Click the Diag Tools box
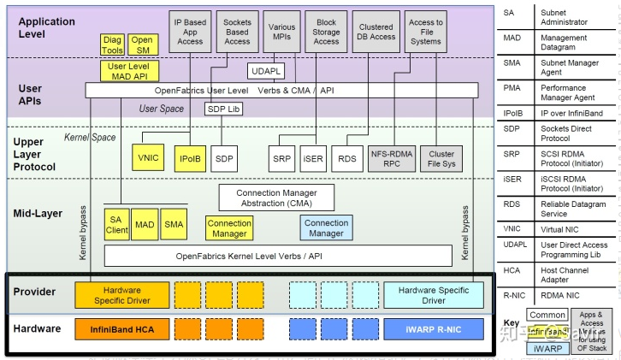[113, 45]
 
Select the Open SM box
[142, 45]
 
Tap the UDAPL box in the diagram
[266, 71]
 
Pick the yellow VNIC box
[149, 158]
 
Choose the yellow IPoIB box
[188, 158]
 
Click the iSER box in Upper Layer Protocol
[313, 158]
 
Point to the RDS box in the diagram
[347, 158]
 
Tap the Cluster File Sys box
[441, 158]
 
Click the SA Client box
[117, 224]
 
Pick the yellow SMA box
[174, 224]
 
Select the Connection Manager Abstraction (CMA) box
[274, 198]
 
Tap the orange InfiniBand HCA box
[121, 329]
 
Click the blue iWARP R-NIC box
[434, 329]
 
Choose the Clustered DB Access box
[376, 32]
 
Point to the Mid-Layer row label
[38, 213]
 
